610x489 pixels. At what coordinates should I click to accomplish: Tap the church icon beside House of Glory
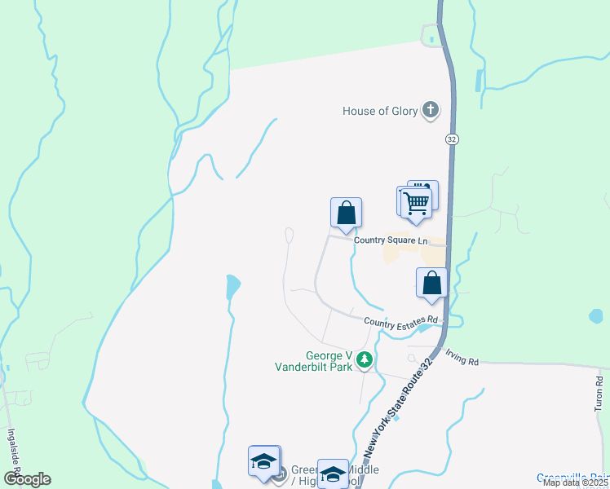431,111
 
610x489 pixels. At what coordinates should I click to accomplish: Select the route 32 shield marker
452,139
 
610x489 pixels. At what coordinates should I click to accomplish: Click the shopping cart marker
417,201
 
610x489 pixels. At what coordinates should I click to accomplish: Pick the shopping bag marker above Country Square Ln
346,213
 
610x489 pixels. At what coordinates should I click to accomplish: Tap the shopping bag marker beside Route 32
431,283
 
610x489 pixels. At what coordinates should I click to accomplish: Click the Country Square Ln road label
390,240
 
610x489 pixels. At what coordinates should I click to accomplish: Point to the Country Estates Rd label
401,322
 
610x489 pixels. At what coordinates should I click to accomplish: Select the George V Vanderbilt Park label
329,361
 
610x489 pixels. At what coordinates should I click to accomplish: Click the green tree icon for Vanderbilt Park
366,359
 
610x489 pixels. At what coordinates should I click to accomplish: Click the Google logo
27,479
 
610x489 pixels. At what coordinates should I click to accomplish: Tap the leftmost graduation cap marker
263,461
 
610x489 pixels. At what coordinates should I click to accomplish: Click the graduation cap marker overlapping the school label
332,473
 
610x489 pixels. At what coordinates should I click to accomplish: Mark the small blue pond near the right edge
596,315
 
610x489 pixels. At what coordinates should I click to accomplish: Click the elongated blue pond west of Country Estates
232,286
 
